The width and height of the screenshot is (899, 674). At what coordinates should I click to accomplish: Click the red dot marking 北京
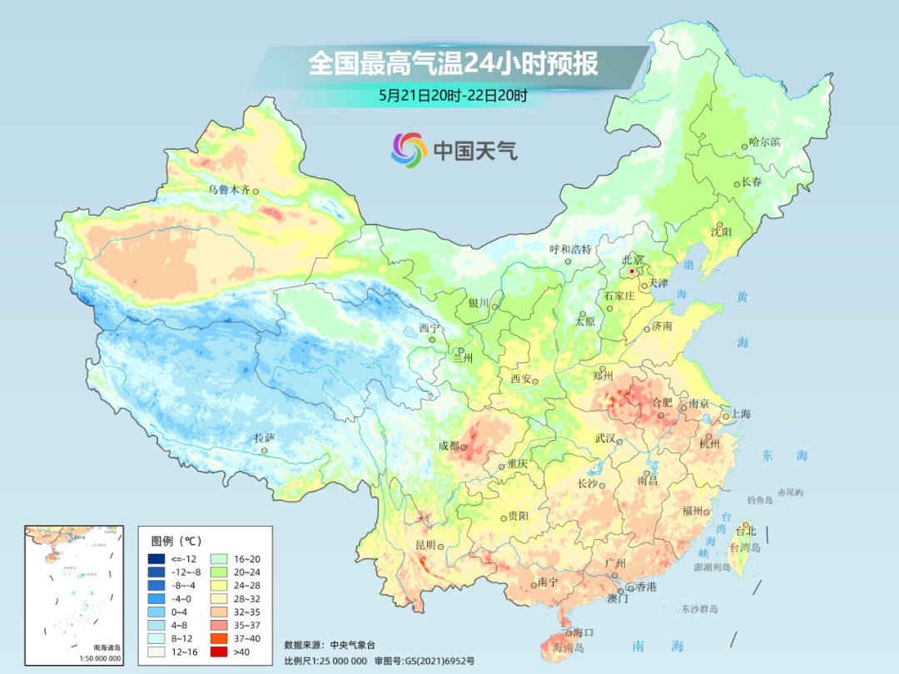coord(633,271)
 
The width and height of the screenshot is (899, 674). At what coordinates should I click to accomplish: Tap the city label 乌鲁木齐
coord(229,190)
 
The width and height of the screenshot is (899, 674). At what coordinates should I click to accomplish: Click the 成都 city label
coord(449,445)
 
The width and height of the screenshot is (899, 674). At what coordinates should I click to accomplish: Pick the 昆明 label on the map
coord(425,544)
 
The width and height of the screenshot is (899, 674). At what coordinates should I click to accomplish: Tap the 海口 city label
coord(583,632)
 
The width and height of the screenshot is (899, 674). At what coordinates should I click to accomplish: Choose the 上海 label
coord(740,414)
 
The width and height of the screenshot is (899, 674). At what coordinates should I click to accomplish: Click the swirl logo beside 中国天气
coord(409,150)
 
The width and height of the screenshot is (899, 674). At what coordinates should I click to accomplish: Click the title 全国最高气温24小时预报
coord(453,64)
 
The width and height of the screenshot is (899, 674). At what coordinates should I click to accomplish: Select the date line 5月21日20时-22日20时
coord(453,96)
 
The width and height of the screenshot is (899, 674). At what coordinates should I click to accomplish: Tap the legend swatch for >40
coord(156,652)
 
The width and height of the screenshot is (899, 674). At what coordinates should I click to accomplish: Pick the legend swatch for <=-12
coord(156,558)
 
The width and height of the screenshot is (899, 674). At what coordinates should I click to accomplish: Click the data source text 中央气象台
coord(353,645)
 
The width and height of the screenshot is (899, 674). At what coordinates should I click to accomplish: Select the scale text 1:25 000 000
coord(337,661)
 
